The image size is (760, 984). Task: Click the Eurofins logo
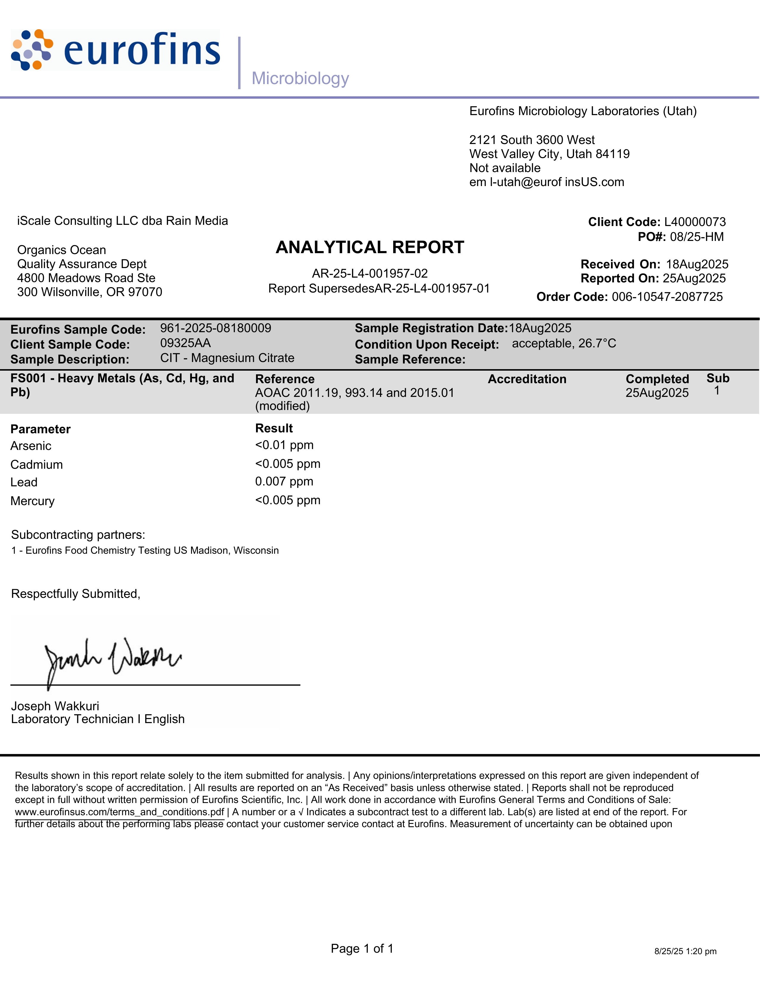[115, 50]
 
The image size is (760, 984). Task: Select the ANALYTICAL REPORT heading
[370, 247]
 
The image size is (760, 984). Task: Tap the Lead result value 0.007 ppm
[284, 481]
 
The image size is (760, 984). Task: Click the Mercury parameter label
[32, 501]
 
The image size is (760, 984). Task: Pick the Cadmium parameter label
[36, 465]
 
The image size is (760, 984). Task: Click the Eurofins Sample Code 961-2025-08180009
[216, 328]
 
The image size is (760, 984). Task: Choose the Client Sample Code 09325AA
[185, 343]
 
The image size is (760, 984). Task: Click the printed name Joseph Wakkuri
[55, 706]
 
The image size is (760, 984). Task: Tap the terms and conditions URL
[119, 812]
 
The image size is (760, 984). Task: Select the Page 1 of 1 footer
[362, 949]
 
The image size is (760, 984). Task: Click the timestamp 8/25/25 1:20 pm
[685, 951]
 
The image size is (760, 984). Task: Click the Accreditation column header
[527, 379]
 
